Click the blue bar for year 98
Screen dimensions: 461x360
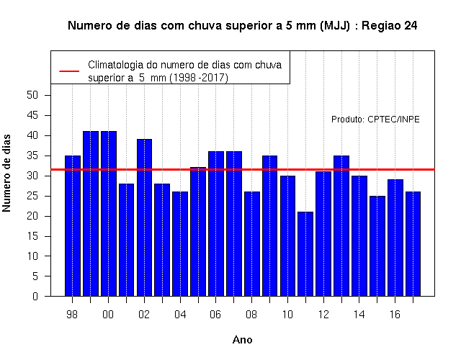pyautogui.click(x=73, y=225)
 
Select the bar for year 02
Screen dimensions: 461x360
pyautogui.click(x=144, y=217)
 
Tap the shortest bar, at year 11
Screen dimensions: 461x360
pyautogui.click(x=305, y=254)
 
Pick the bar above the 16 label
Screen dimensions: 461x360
pyautogui.click(x=395, y=238)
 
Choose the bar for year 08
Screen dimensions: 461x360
pyautogui.click(x=252, y=244)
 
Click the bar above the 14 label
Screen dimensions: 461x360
pyautogui.click(x=359, y=236)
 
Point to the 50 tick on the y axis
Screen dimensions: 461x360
pyautogui.click(x=32, y=95)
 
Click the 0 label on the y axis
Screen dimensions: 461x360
pyautogui.click(x=35, y=296)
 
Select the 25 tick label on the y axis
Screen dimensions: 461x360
pyautogui.click(x=32, y=196)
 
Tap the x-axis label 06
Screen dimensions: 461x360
pyautogui.click(x=215, y=315)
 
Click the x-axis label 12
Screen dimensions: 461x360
pyautogui.click(x=323, y=315)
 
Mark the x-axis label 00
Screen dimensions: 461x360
pyautogui.click(x=108, y=315)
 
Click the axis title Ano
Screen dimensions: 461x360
pyautogui.click(x=243, y=340)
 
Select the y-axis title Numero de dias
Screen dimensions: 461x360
pyautogui.click(x=6, y=173)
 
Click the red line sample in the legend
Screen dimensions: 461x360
pyautogui.click(x=69, y=71)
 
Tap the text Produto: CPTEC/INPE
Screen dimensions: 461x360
pyautogui.click(x=375, y=120)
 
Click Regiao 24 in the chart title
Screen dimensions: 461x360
pyautogui.click(x=389, y=26)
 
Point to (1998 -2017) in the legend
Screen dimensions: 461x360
pyautogui.click(x=199, y=78)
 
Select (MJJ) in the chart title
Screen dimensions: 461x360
pyautogui.click(x=335, y=26)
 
